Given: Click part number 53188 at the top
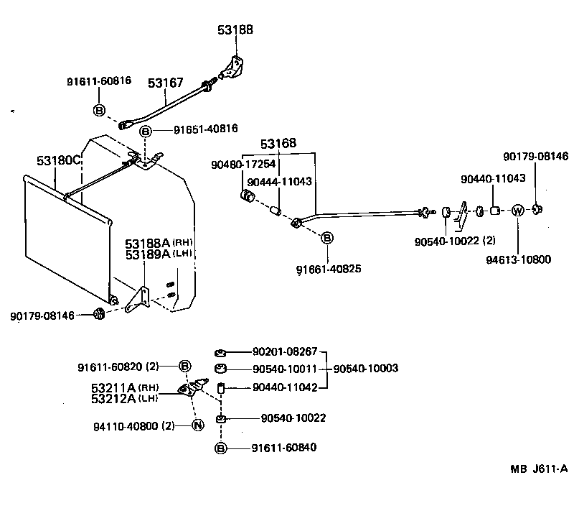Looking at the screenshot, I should tap(235, 29).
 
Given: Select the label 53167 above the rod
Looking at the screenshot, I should tap(166, 83).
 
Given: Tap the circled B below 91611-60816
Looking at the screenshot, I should tap(99, 110).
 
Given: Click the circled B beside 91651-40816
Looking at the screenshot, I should tap(146, 131).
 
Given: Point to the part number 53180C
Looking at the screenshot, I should tap(58, 160).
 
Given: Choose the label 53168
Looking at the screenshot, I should tap(278, 144).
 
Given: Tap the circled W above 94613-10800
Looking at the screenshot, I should tap(517, 211).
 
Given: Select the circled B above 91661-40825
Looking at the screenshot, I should tap(326, 238).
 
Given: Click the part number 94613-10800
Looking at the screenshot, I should tap(518, 259).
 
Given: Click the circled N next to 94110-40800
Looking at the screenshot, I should tap(199, 425).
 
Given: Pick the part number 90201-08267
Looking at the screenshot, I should tap(283, 352).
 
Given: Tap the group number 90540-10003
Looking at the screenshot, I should tap(366, 369).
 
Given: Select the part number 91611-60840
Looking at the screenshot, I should tap(283, 448).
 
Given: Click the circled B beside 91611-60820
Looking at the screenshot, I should tap(185, 366).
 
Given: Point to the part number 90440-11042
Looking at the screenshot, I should tap(283, 387).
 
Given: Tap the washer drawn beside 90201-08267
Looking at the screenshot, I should tap(222, 353).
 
